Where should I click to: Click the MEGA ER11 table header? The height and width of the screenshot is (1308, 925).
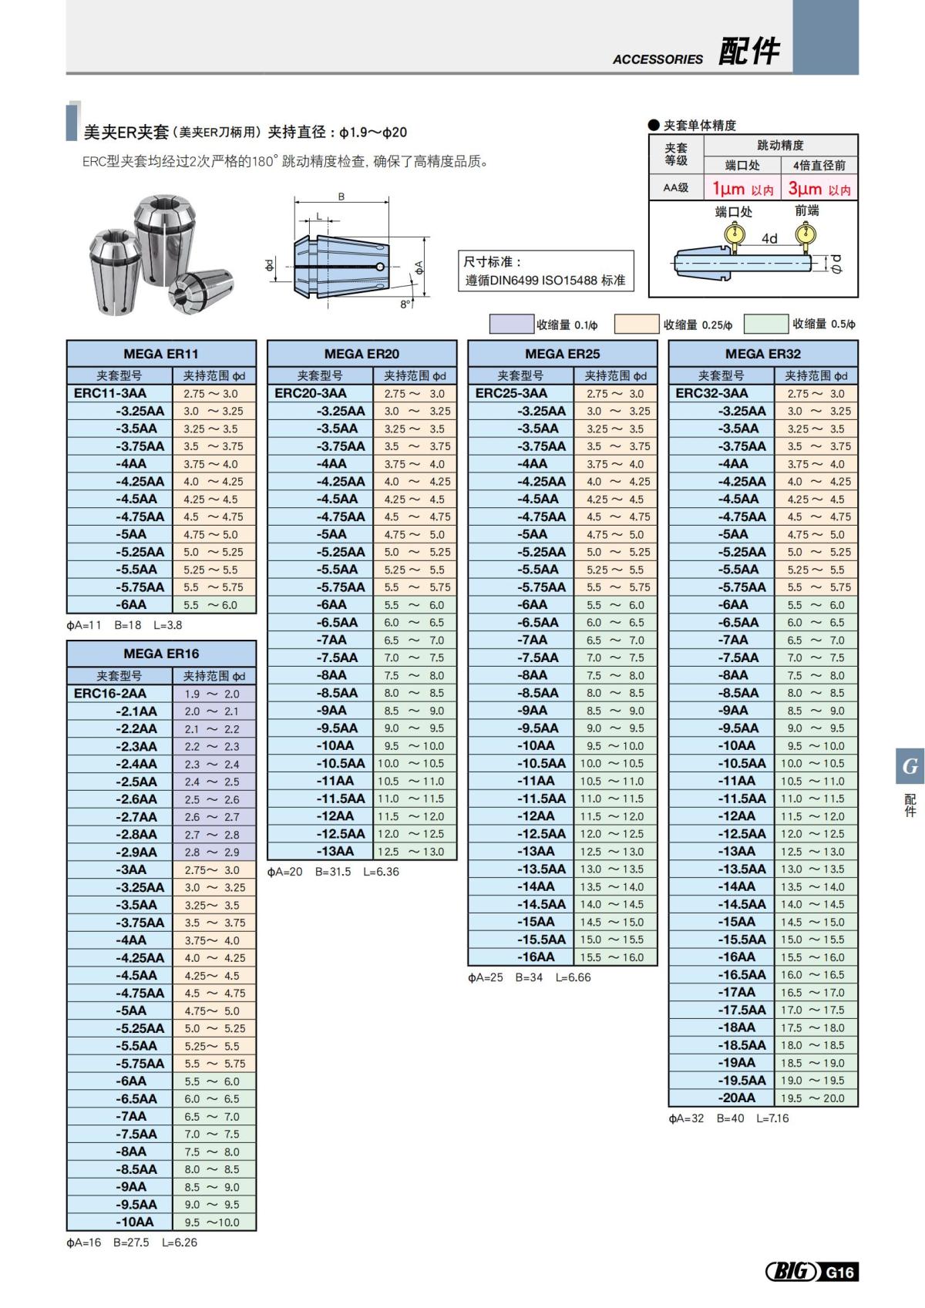pos(161,354)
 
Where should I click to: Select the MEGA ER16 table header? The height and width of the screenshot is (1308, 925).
pos(161,654)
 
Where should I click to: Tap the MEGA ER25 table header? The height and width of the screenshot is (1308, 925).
pos(562,354)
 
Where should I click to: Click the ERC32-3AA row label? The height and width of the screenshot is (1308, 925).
pos(711,393)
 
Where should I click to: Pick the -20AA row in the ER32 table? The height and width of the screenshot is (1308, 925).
pos(737,1098)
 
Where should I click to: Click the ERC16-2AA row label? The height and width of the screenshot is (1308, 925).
pos(110,694)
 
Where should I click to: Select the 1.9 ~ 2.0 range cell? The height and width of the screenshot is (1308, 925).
pos(212,694)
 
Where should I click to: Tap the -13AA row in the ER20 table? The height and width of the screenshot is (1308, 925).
pos(335,851)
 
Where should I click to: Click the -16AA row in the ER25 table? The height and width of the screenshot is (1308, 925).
pos(536,957)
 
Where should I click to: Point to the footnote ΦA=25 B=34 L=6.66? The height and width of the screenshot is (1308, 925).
pos(530,977)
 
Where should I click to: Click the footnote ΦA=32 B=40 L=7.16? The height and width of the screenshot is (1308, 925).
pos(728,1118)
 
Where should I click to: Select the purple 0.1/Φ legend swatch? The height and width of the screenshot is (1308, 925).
pos(512,324)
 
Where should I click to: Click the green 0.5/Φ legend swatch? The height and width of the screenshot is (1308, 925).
pos(766,324)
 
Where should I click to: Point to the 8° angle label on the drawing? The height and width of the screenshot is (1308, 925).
pos(405,304)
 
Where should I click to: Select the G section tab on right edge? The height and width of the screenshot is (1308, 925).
pos(910,766)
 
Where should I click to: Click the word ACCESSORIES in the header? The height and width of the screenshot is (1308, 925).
pos(658,59)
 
